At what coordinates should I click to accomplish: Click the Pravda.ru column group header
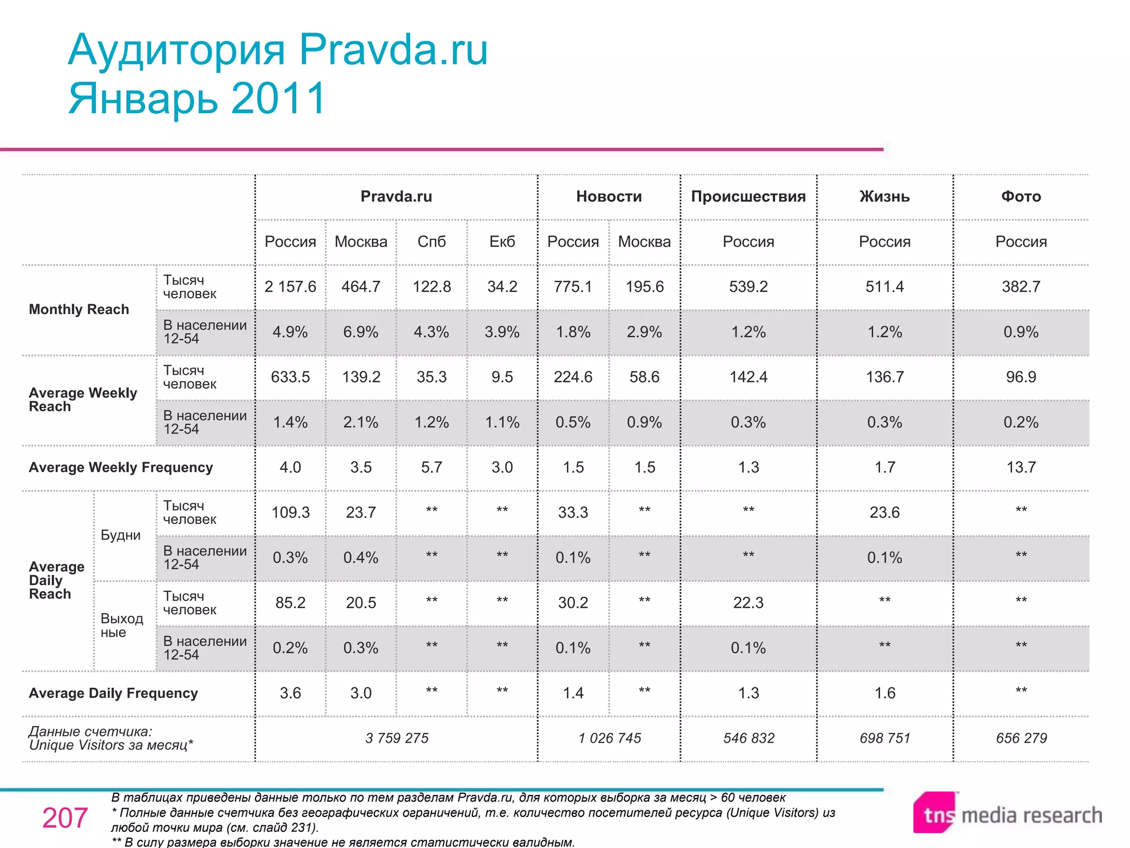[x=396, y=197]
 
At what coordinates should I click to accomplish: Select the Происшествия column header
[x=748, y=197]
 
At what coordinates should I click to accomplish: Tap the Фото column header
[x=1021, y=197]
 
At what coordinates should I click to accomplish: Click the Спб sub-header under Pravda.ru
[x=431, y=242]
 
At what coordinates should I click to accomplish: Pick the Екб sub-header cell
[x=502, y=242]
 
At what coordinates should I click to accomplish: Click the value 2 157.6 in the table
[x=290, y=287]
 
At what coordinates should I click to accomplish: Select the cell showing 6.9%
[x=361, y=332]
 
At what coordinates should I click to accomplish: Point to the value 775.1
[x=573, y=287]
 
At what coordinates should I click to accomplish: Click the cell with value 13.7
[x=1021, y=468]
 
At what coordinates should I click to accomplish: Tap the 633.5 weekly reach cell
[x=290, y=377]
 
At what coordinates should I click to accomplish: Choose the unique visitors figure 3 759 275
[x=397, y=739]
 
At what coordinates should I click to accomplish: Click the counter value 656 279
[x=1021, y=739]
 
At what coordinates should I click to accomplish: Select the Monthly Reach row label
[x=79, y=310]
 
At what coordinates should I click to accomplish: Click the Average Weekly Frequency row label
[x=121, y=468]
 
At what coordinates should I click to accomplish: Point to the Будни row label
[x=120, y=536]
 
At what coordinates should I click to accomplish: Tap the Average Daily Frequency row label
[x=113, y=693]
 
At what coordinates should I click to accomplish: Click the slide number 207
[x=65, y=818]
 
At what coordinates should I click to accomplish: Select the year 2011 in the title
[x=279, y=99]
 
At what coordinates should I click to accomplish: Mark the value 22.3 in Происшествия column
[x=748, y=603]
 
